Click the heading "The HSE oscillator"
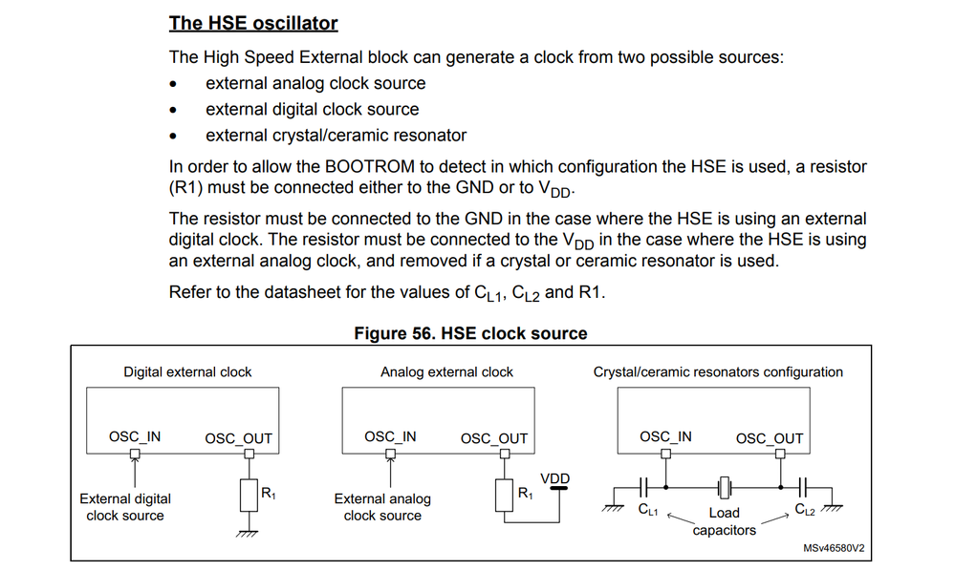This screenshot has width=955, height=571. (253, 22)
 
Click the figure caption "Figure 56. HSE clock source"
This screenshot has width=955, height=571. (470, 333)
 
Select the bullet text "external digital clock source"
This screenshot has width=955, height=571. (312, 109)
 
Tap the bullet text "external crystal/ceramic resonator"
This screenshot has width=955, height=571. (336, 135)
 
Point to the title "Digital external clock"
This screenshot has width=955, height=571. (187, 371)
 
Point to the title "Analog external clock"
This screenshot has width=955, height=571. (446, 371)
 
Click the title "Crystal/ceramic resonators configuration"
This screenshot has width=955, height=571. (718, 371)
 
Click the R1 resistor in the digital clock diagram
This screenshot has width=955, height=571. (249, 496)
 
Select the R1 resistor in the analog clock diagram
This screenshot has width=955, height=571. (505, 496)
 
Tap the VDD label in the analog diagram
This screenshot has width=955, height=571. (555, 478)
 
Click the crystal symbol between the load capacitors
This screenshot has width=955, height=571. (725, 486)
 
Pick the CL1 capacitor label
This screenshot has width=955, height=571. (648, 509)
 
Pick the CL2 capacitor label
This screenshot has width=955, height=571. (805, 509)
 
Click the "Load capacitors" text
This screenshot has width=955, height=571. (724, 521)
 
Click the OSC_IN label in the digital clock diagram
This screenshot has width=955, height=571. (135, 437)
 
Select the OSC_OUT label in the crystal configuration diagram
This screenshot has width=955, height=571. (769, 438)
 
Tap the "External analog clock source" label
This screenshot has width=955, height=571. (382, 507)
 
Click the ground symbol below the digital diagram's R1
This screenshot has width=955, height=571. (249, 533)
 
